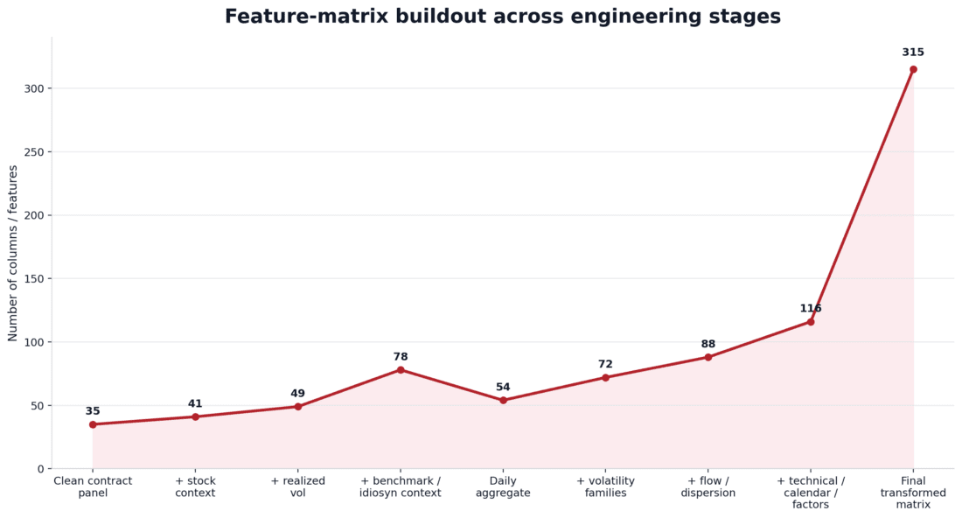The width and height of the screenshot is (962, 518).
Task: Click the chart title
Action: pos(502,17)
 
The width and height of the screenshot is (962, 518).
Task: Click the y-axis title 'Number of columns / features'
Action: pos(13,253)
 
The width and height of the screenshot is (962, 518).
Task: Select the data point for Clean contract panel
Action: pos(93,424)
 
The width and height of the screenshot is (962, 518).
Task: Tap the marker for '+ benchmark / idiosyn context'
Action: pos(401,369)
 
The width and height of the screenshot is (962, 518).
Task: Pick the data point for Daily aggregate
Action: pos(503,400)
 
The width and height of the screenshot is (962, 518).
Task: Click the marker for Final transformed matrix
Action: pos(913,69)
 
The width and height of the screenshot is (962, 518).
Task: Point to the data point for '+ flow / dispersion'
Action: pos(708,357)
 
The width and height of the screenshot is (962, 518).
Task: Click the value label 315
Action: pos(913,52)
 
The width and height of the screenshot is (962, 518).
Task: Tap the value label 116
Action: pos(811,309)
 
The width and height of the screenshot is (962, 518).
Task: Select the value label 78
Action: pos(401,357)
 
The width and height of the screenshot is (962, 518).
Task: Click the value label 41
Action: pos(195,404)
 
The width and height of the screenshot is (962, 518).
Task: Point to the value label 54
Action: pos(503,388)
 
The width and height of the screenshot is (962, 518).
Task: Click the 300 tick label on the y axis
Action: pos(32,88)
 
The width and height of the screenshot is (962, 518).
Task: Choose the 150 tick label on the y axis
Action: pos(32,279)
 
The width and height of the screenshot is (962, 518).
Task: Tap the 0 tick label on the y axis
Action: pos(40,469)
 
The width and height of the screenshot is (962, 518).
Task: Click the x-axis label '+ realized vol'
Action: pos(297,487)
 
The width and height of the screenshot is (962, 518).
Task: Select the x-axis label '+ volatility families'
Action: pos(605,487)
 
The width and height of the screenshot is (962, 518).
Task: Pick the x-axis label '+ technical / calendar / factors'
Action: pos(811,493)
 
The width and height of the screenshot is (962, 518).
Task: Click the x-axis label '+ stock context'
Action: pos(195,487)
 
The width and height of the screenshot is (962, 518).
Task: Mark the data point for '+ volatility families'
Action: pos(605,377)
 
